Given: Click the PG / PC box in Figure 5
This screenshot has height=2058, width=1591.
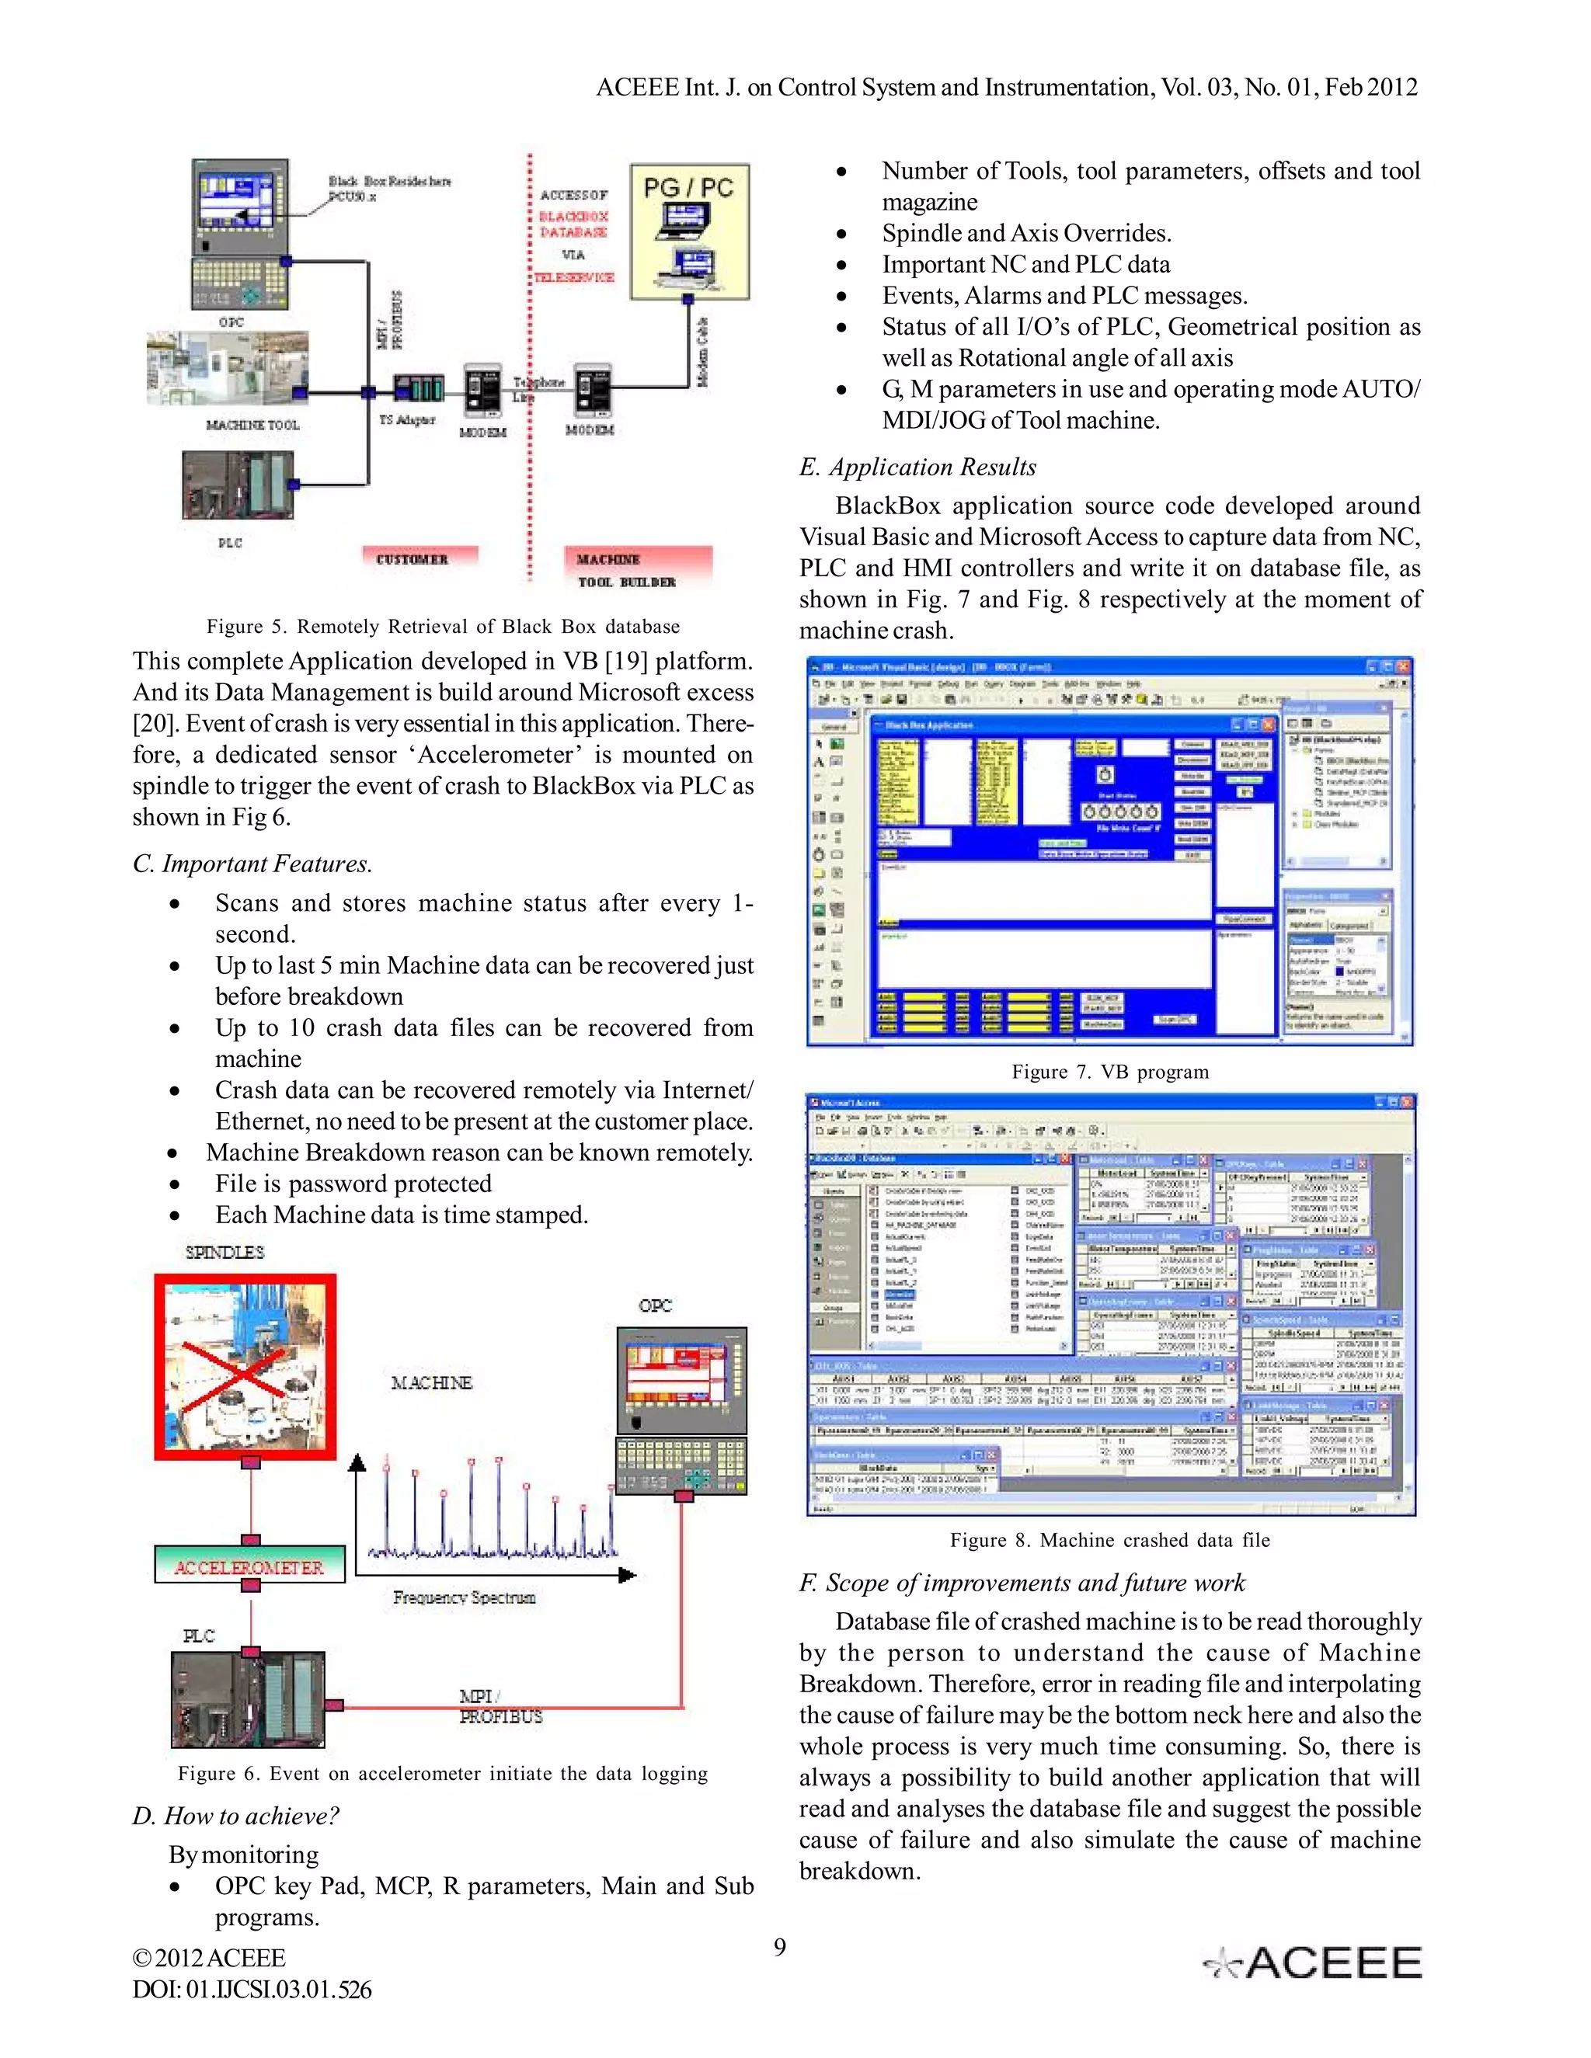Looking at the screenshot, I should (689, 231).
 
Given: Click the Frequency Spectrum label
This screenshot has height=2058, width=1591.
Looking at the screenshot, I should (464, 1597).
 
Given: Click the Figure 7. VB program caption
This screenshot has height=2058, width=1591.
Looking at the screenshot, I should (1109, 1072).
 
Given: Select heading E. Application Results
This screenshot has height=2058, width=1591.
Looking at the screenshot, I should (917, 468).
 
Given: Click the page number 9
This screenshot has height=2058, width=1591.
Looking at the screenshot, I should (779, 1947).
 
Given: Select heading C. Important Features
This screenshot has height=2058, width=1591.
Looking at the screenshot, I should (252, 864).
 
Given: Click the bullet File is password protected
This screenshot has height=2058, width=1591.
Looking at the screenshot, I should (353, 1184).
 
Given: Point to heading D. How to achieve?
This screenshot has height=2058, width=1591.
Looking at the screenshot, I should (235, 1816).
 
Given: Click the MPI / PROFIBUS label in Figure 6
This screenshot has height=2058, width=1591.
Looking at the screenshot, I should (500, 1706).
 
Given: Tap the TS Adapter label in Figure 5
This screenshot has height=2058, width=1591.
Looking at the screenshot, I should (406, 419).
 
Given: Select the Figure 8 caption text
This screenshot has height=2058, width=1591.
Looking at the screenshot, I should (1109, 1540).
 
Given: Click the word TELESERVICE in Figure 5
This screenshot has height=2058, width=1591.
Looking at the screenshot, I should (573, 277).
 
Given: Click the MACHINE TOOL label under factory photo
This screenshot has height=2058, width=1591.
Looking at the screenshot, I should (252, 425).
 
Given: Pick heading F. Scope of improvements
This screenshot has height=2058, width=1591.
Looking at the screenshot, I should (1022, 1583).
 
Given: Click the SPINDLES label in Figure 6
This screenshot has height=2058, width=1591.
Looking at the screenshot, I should (225, 1253).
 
